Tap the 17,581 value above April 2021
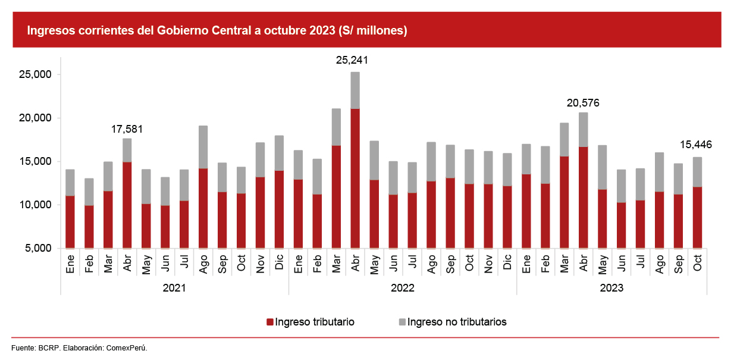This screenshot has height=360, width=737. click(x=127, y=129)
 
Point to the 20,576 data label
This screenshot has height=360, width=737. click(x=583, y=103)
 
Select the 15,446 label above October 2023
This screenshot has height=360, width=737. click(x=697, y=145)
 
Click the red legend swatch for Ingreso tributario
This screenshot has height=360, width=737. click(x=270, y=322)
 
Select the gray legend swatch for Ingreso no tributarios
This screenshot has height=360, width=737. click(x=402, y=322)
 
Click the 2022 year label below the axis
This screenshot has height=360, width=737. click(x=403, y=288)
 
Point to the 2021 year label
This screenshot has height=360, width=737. click(x=174, y=288)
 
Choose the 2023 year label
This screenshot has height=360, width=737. click(x=611, y=288)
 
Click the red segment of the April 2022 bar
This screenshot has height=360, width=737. click(x=355, y=179)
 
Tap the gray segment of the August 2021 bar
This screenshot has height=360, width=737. click(x=203, y=147)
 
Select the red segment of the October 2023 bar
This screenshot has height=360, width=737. click(x=697, y=217)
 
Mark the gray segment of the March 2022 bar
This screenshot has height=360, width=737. click(x=336, y=127)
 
